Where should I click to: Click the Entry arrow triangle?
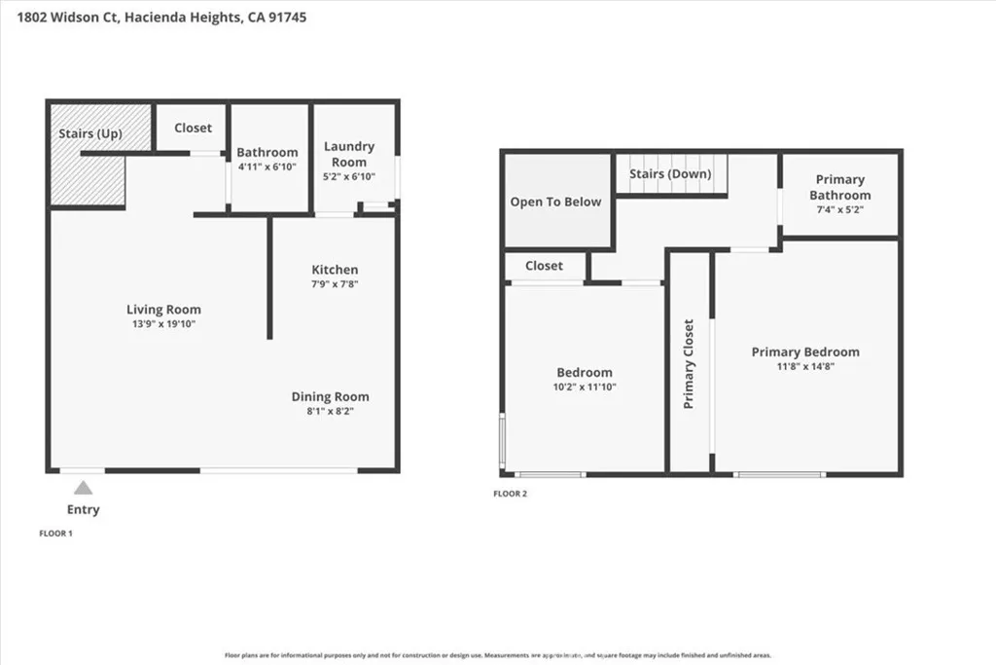[x=85, y=489]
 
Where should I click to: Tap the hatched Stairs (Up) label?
[x=89, y=133]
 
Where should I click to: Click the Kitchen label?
[x=335, y=270]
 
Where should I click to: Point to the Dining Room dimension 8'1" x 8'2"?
[x=330, y=411]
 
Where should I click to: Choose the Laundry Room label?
[x=348, y=154]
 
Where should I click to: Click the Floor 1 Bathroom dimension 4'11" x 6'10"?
[x=267, y=166]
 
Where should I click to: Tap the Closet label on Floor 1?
[x=193, y=128]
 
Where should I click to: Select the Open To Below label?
[x=555, y=203]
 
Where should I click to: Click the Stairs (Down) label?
[x=670, y=174]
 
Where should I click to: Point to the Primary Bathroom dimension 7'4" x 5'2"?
[x=839, y=209]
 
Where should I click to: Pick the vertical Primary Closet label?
[x=689, y=363]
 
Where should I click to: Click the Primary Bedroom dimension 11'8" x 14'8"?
[x=805, y=366]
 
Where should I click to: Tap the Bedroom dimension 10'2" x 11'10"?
[x=584, y=387]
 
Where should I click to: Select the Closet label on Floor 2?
[x=544, y=266]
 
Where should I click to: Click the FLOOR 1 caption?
[x=55, y=534]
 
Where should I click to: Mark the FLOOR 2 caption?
[x=510, y=494]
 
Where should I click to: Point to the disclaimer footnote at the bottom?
[x=498, y=655]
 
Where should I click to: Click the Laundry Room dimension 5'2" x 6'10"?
[x=348, y=176]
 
